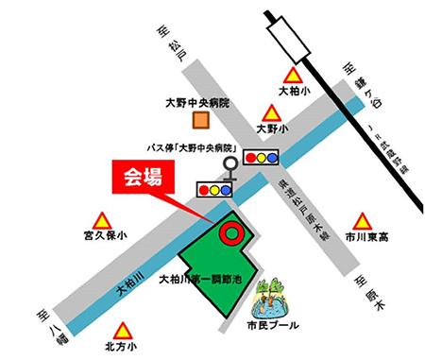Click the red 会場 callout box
coord(138,177)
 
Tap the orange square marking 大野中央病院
coord(199,121)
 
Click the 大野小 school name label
coord(273,127)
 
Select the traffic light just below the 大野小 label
coord(262,157)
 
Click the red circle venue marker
coord(229,230)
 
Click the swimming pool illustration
coord(271,300)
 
